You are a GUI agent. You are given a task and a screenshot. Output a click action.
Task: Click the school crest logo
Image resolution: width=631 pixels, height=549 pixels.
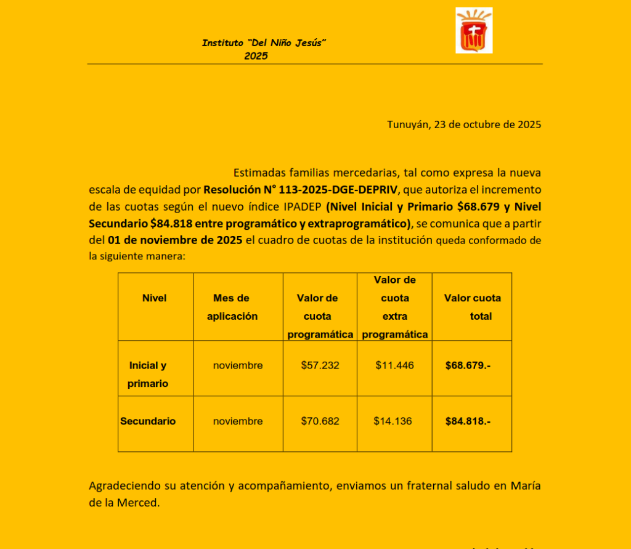tap(474, 30)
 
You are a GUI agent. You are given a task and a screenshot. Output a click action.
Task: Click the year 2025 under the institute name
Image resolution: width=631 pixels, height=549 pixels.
tap(256, 56)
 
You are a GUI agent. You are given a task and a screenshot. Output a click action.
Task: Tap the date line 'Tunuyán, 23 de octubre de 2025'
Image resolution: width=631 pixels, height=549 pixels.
tap(463, 124)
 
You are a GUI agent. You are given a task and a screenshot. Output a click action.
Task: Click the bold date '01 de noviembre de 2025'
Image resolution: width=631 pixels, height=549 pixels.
tap(175, 240)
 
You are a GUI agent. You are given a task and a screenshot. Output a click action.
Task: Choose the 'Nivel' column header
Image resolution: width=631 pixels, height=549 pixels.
tap(154, 298)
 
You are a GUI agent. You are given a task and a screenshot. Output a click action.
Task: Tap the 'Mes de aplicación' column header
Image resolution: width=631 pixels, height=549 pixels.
tap(232, 307)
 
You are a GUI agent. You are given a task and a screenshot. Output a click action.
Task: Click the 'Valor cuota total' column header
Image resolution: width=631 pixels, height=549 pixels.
tap(473, 307)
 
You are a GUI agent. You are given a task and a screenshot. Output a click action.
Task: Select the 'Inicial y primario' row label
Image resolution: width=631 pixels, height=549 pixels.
tap(147, 374)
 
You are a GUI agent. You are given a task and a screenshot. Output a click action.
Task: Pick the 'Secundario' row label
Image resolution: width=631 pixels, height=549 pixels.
tap(148, 421)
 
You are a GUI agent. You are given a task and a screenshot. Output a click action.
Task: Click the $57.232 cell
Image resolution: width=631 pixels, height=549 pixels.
tap(320, 365)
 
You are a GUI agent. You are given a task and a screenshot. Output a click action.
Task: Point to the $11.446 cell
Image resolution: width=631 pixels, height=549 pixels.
tap(394, 365)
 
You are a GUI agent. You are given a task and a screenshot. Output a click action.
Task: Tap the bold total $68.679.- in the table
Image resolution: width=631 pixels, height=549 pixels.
tap(468, 365)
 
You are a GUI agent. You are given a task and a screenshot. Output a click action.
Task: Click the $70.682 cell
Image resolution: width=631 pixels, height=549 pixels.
tap(320, 421)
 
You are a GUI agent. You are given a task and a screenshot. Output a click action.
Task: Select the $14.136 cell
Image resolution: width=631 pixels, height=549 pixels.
tap(393, 421)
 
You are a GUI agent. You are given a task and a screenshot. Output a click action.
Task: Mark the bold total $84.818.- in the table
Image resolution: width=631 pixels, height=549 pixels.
tap(468, 421)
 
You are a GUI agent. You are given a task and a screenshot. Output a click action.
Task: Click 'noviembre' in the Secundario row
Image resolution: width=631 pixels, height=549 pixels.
tap(238, 421)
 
